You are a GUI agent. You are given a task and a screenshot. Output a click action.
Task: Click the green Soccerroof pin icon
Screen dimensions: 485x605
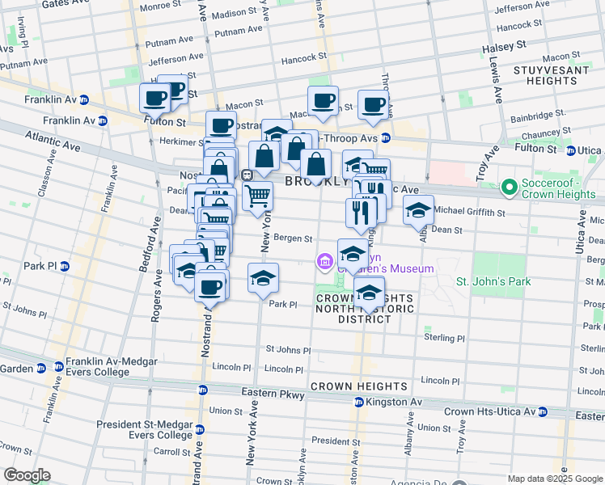[509, 189]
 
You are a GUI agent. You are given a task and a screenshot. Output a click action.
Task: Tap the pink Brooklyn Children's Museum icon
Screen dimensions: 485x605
[324, 260]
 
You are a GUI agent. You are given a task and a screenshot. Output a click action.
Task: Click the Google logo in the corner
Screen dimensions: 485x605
[27, 475]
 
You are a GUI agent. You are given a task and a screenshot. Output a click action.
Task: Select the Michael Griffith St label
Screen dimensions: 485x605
[469, 212]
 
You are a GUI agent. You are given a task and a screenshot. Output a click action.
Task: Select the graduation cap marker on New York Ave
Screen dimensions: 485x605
[263, 278]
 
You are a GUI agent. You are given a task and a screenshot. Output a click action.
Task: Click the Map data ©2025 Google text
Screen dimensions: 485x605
[554, 479]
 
